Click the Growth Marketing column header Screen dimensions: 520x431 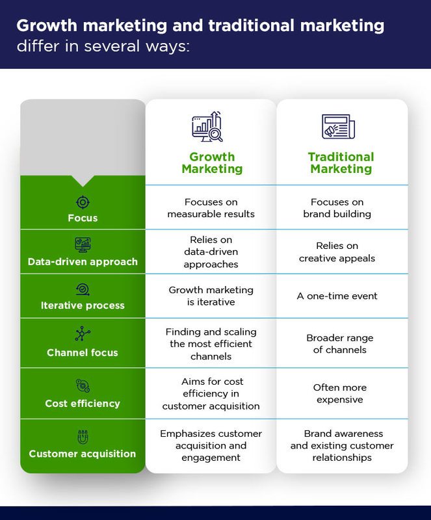click(x=212, y=162)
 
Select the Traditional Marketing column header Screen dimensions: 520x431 click(x=341, y=162)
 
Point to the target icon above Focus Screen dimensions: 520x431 click(x=83, y=201)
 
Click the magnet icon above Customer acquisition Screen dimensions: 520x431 click(x=83, y=437)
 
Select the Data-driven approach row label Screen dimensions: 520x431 click(x=83, y=261)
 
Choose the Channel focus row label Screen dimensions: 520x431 click(x=83, y=353)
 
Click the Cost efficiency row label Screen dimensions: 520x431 click(x=83, y=403)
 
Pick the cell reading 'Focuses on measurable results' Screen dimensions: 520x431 click(x=211, y=208)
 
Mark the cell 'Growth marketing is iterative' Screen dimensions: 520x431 click(x=211, y=296)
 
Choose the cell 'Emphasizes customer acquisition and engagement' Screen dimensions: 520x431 click(x=211, y=445)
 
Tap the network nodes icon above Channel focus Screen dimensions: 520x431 click(x=83, y=334)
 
